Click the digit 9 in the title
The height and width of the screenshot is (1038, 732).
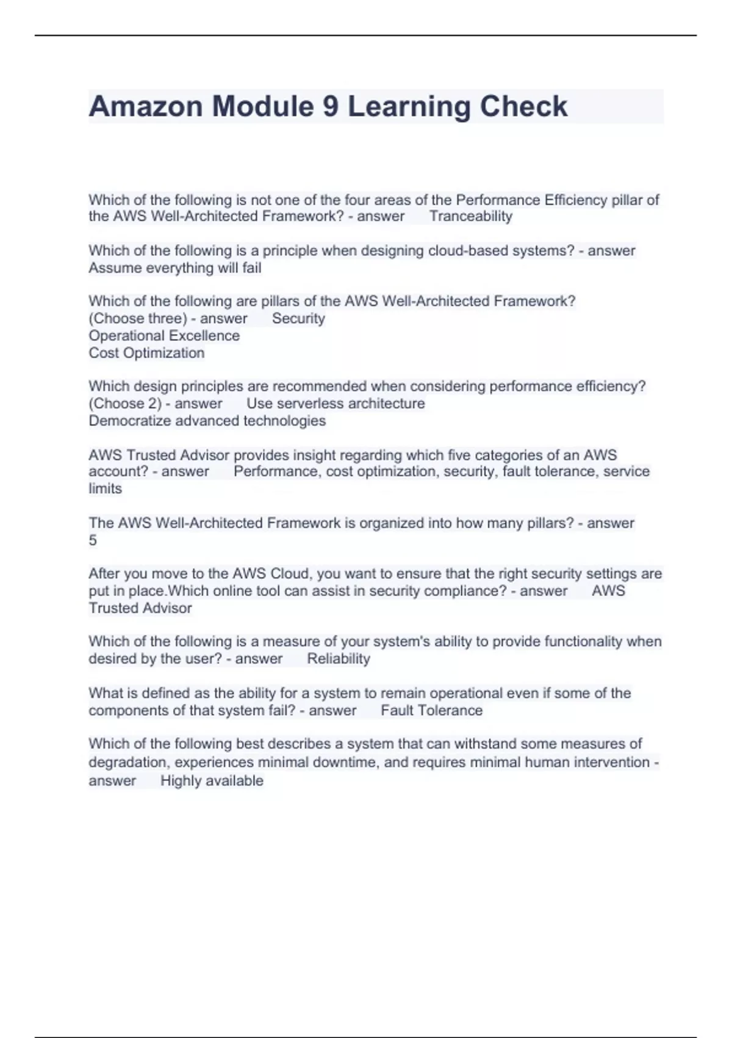330,107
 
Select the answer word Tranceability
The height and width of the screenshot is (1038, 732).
470,216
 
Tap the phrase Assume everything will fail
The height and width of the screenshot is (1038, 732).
175,267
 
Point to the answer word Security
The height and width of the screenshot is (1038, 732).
298,318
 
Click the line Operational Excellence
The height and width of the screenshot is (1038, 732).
164,335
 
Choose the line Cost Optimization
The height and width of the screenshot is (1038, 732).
146,352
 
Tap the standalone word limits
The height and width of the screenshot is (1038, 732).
105,488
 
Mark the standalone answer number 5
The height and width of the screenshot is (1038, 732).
93,540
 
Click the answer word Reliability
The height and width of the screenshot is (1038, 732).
339,658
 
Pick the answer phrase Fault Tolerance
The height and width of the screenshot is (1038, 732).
431,710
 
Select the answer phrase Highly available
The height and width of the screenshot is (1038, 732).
212,780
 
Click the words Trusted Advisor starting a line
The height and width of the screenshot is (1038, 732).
140,608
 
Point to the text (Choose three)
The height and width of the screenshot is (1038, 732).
138,318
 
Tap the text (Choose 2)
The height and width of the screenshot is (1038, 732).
125,403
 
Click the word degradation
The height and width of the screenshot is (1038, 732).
125,762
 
